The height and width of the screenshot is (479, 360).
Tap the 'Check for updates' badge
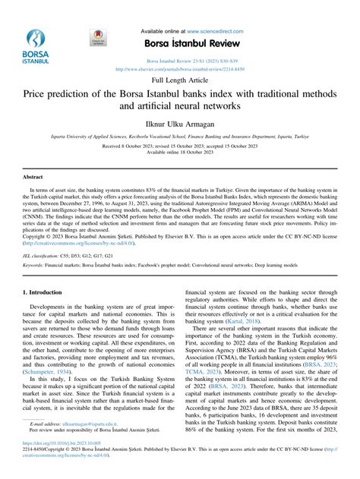(96, 39)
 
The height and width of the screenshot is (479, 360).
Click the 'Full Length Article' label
(179, 78)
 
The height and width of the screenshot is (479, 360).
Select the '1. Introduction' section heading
(45, 271)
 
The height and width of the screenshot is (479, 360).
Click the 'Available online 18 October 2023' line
(179, 152)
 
